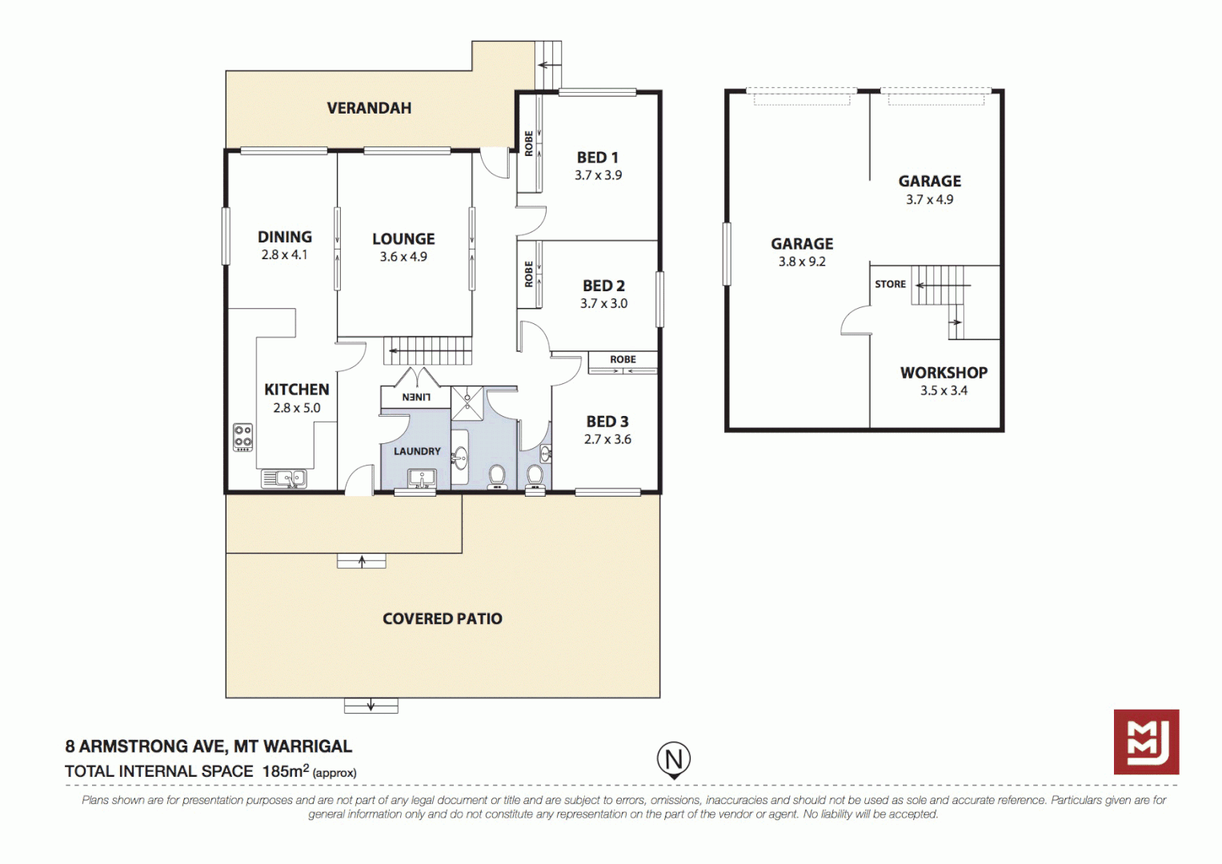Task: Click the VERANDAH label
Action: coord(369,108)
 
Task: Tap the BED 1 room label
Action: coord(598,158)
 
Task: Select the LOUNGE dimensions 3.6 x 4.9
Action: coord(403,257)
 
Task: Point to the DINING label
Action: coord(285,237)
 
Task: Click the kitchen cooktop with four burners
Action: coord(242,438)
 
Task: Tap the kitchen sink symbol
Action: coord(284,478)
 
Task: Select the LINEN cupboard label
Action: coord(415,397)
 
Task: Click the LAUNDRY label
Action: coord(417,451)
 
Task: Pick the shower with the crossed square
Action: coord(467,403)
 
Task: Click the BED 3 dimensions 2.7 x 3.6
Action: coord(607,439)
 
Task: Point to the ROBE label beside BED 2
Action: coord(529,274)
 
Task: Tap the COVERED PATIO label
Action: coord(443,618)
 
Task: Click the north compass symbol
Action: coord(674,759)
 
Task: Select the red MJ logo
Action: coord(1146,742)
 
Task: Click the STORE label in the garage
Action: coord(890,284)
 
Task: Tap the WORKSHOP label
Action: coord(944,373)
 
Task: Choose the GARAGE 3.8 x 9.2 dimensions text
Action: coord(802,262)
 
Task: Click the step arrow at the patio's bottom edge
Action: coord(371,706)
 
